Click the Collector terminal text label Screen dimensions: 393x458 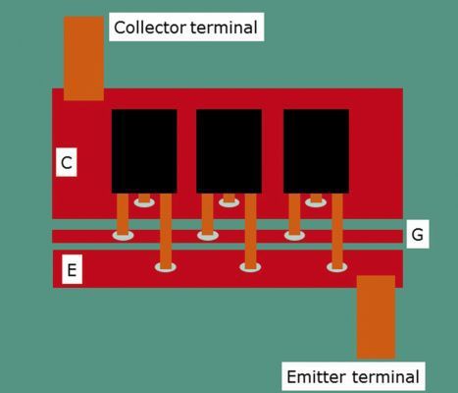pyautogui.click(x=185, y=28)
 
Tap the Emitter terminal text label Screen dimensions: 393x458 pyautogui.click(x=352, y=376)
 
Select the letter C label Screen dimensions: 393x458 pyautogui.click(x=66, y=163)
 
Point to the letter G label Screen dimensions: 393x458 pyautogui.click(x=417, y=235)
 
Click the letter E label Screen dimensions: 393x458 pyautogui.click(x=71, y=269)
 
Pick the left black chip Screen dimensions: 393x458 pyautogui.click(x=144, y=150)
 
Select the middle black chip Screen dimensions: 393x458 pyautogui.click(x=229, y=150)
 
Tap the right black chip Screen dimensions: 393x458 pyautogui.click(x=316, y=150)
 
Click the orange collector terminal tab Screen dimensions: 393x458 pyautogui.click(x=83, y=58)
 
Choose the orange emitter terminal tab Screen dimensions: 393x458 pyautogui.click(x=376, y=316)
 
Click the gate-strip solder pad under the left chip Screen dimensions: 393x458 pyautogui.click(x=123, y=235)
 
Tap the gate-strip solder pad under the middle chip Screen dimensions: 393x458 pyautogui.click(x=207, y=235)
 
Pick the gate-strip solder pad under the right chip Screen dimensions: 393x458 pyautogui.click(x=294, y=235)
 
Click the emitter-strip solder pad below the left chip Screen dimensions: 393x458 pyautogui.click(x=166, y=266)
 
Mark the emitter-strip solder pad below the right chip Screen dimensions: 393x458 pyautogui.click(x=337, y=266)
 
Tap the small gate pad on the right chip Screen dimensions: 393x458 pyautogui.click(x=315, y=201)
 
